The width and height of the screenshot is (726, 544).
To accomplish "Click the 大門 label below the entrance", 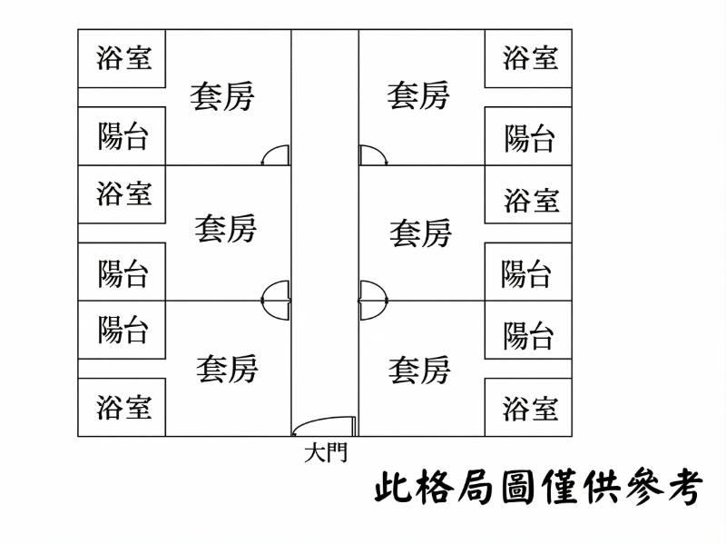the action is pos(326,452).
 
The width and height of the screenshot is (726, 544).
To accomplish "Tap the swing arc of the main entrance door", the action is pos(319,420).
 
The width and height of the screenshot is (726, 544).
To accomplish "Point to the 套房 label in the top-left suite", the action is pos(222,96).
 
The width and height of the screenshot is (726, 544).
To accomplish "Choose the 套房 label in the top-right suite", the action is pos(418,95).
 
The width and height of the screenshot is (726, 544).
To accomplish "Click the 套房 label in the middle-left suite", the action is pos(225,229).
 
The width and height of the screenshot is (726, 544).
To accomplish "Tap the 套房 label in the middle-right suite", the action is pos(420,233).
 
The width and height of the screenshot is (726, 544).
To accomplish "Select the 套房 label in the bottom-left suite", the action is pos(227,370).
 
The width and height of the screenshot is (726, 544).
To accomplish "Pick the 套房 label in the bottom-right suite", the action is pos(419,371).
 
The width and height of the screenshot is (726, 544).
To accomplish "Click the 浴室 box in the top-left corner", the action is pos(122,58).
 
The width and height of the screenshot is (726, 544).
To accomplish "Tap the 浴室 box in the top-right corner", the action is pos(528,58).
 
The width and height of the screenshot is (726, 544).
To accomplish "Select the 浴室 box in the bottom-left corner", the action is pos(122,407).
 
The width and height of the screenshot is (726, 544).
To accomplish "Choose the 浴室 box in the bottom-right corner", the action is pos(528,407).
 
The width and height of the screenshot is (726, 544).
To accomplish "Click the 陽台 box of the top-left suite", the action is pos(122,136).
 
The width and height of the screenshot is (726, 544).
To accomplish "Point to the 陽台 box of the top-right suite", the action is pos(528,136).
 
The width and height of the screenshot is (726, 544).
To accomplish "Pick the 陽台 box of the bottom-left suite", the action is pos(122,330).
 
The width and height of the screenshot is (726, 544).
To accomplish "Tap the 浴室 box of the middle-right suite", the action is pos(528,194).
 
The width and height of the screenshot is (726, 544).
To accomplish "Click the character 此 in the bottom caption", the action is pos(393,488).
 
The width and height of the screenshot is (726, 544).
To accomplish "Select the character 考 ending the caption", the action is pos(685,488).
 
